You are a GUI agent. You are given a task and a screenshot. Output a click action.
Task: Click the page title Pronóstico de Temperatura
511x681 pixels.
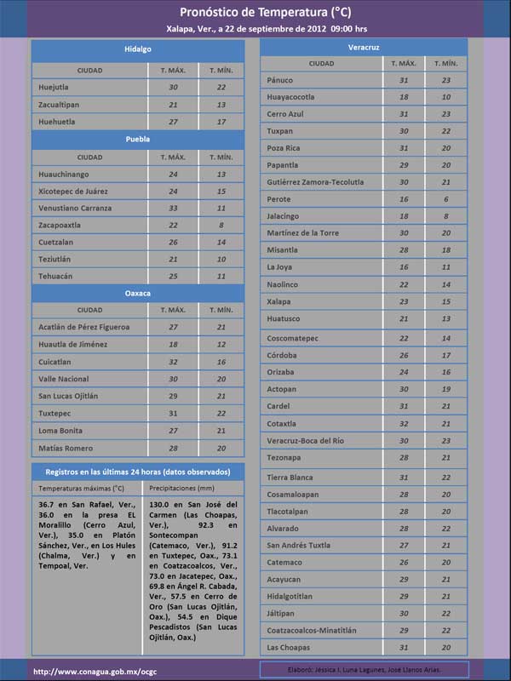265,12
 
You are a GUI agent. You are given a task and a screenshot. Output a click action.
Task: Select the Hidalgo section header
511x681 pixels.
137,50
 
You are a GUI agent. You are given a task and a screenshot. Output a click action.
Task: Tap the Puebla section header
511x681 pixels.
137,139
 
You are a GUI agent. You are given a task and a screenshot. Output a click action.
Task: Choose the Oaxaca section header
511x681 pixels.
137,293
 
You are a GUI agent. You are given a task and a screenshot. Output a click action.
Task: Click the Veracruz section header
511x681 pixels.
364,46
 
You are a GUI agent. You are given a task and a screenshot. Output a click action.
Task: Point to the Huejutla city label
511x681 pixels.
55,87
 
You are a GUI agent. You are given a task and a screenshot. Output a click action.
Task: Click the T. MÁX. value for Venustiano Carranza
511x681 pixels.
173,209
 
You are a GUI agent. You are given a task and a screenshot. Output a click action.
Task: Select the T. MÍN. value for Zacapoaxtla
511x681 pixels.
221,226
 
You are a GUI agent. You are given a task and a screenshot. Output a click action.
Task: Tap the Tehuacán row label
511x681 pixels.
57,277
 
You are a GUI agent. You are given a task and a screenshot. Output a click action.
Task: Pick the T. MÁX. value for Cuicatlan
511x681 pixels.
173,362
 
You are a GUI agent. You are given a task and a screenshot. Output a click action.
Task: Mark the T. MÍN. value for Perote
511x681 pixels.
446,199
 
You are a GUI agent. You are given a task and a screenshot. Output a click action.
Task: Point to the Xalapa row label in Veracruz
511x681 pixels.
278,301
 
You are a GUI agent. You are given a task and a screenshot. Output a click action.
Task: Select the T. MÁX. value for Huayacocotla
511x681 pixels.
404,97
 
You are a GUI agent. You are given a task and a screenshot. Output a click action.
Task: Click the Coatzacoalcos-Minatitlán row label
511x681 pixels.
312,630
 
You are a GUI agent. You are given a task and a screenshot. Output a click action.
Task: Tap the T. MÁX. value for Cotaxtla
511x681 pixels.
404,423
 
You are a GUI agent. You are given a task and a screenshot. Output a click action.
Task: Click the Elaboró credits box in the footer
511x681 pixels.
365,669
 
